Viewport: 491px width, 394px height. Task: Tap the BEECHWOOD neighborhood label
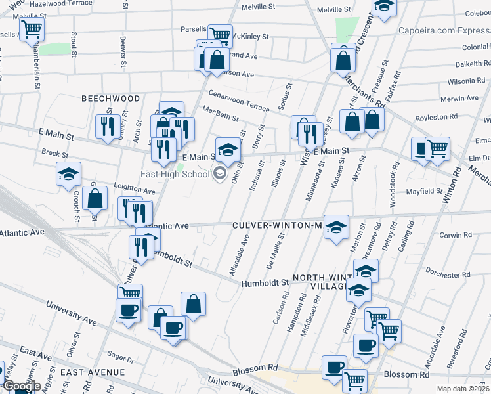tap(110, 98)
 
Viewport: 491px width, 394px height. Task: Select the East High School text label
tap(175, 174)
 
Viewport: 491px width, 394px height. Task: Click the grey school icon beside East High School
tap(219, 174)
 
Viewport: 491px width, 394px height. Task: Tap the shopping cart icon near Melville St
tap(32, 30)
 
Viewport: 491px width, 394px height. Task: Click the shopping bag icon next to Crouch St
tap(95, 198)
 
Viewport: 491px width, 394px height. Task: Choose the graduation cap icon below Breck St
tap(68, 175)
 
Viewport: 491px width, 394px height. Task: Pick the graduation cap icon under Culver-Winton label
tap(336, 228)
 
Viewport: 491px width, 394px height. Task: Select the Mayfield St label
tap(425, 192)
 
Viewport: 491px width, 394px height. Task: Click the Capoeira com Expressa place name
tap(444, 31)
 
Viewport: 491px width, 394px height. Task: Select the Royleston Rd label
tap(436, 116)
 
